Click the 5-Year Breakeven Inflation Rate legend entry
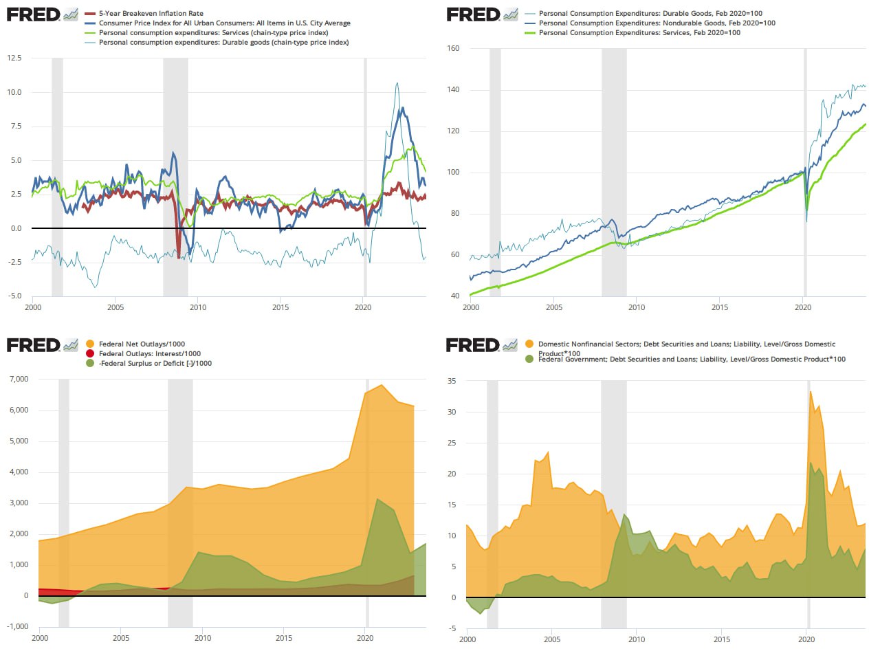click(x=151, y=13)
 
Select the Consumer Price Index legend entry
click(x=224, y=23)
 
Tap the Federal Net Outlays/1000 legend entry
click(x=142, y=344)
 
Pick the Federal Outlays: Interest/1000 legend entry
click(x=149, y=353)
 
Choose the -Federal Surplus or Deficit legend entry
click(x=155, y=363)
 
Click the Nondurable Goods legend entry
click(x=657, y=23)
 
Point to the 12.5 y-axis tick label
click(x=14, y=58)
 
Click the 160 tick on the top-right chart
click(x=453, y=48)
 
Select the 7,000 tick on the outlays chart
click(x=19, y=379)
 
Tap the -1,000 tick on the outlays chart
click(x=18, y=626)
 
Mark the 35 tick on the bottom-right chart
click(x=452, y=381)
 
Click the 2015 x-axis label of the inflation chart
click(x=280, y=307)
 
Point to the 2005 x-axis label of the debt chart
click(x=552, y=639)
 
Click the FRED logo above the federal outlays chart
click(x=33, y=344)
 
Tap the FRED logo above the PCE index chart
click(x=473, y=14)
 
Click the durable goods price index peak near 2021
click(x=397, y=83)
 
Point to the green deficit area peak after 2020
click(x=377, y=499)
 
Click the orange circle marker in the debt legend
click(x=529, y=344)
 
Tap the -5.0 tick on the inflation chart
click(x=14, y=296)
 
